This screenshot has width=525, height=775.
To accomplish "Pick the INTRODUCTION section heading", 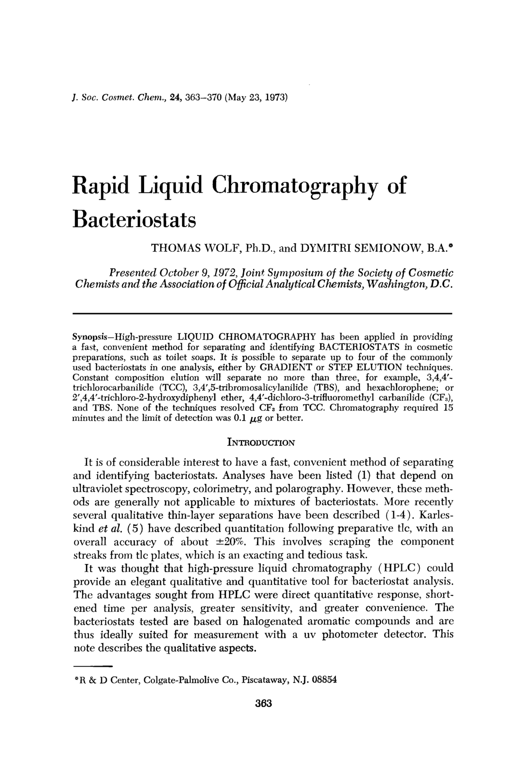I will click(261, 442).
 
